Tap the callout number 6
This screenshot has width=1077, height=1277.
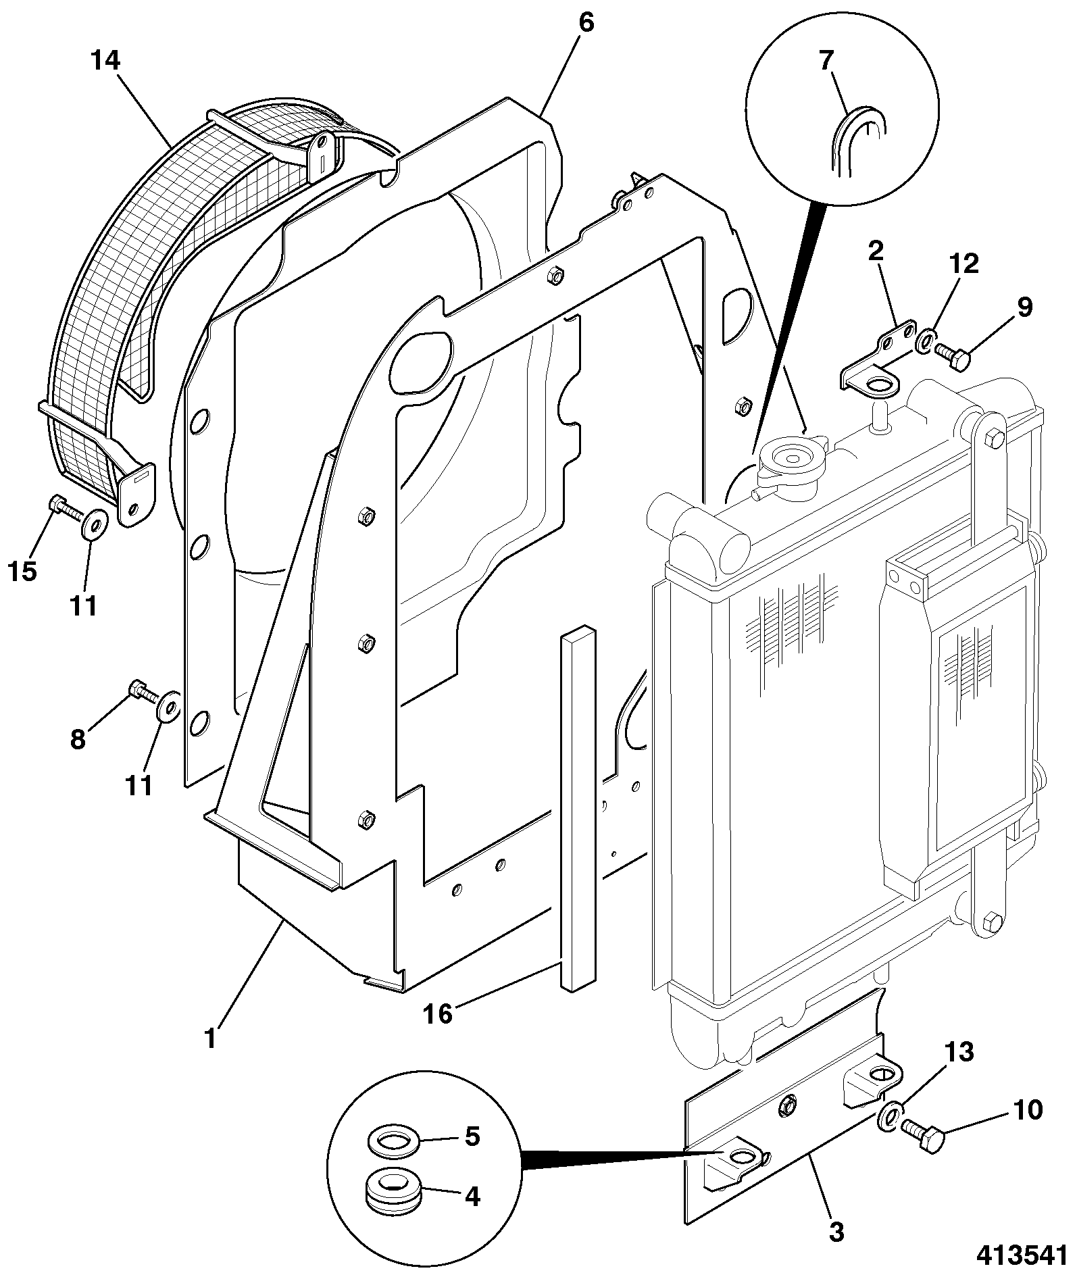(586, 23)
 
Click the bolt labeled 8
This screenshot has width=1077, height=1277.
(143, 691)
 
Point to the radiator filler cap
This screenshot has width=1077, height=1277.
(791, 460)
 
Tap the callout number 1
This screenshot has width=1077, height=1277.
(210, 1038)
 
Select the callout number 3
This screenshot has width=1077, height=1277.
(836, 1232)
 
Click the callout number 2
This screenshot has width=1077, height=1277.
(876, 251)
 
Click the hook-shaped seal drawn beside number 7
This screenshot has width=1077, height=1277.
(858, 141)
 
